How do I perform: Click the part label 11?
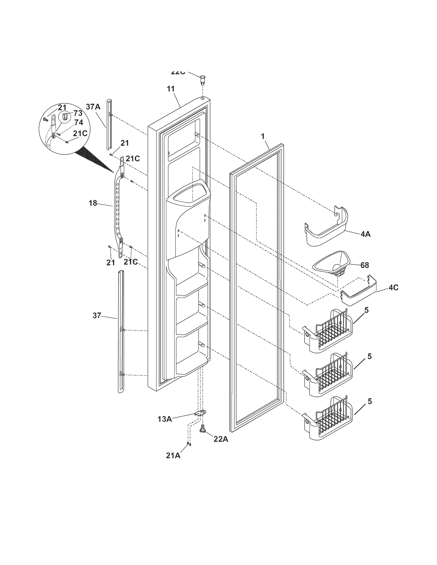click(171, 89)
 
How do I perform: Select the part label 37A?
click(93, 107)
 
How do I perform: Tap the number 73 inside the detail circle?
click(78, 113)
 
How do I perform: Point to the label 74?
click(78, 123)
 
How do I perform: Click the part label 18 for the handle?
click(93, 203)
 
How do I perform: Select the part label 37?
click(97, 316)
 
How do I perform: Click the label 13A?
click(164, 419)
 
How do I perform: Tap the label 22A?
click(221, 439)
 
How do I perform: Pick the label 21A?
click(173, 455)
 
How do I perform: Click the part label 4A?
click(365, 234)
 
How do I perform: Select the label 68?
click(365, 265)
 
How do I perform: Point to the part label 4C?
click(393, 288)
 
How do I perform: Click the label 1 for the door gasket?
click(263, 136)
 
